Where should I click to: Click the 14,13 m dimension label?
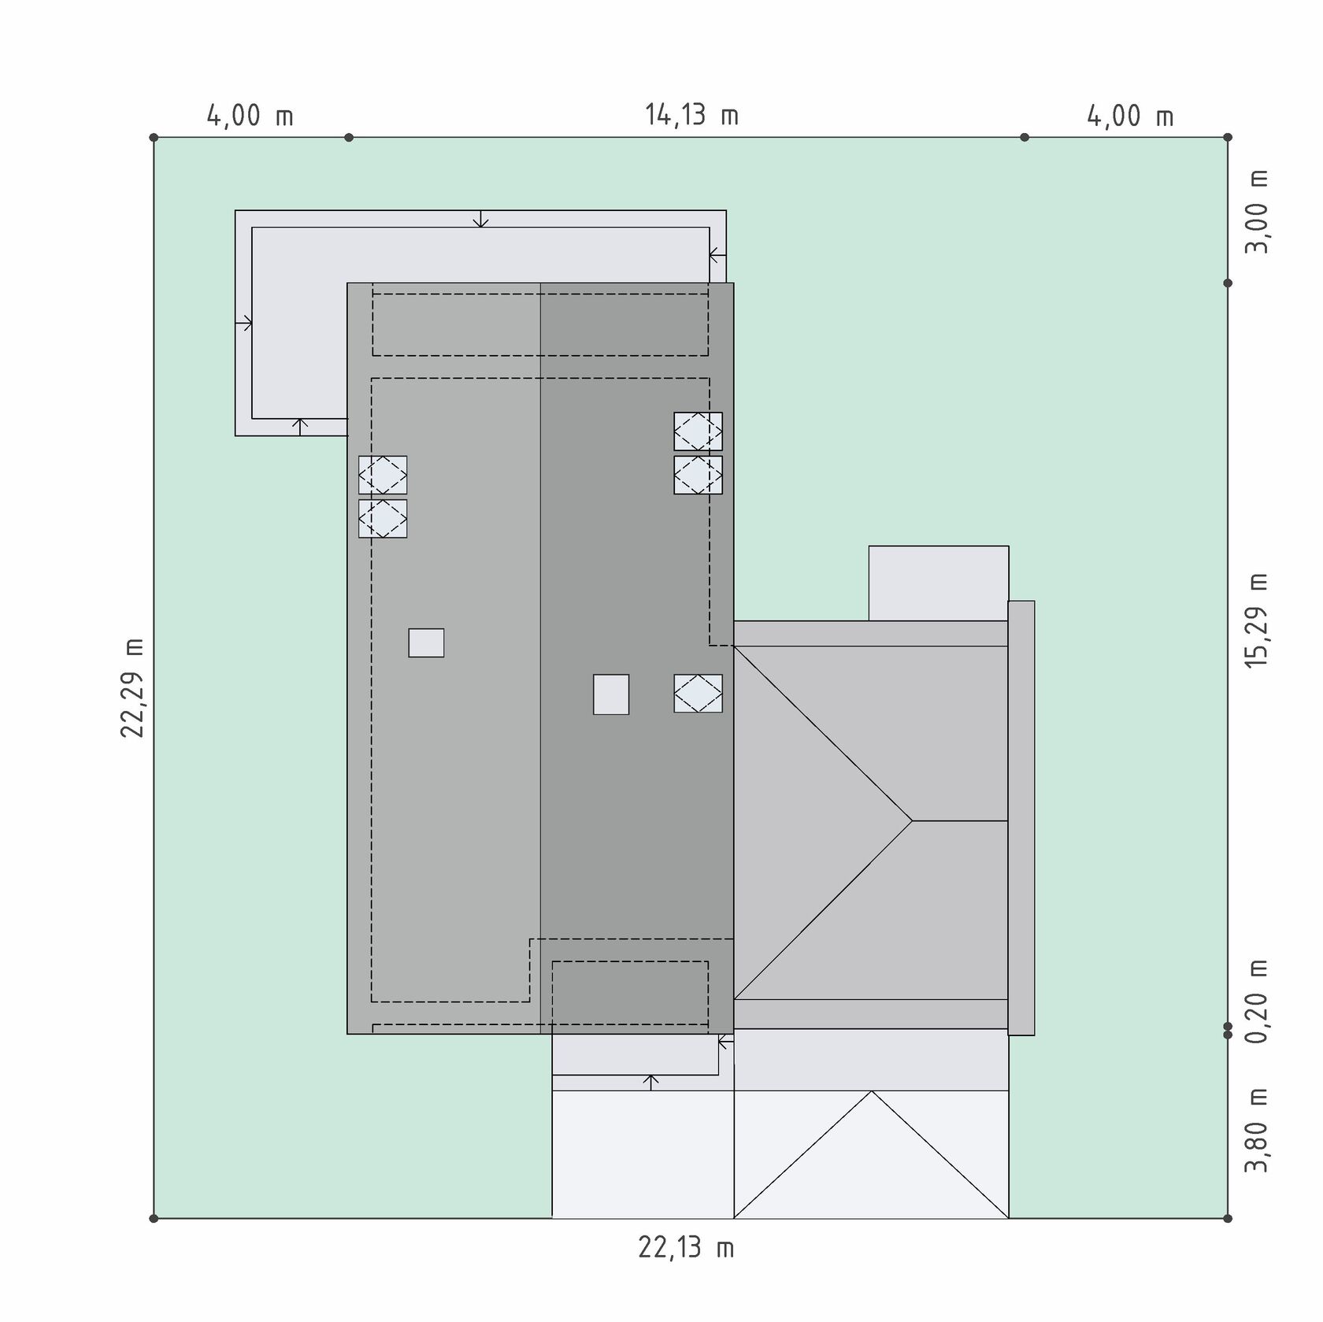(692, 116)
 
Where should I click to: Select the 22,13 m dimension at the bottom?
(686, 1248)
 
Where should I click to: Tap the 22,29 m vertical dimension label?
(133, 687)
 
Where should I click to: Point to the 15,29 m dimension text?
(1257, 620)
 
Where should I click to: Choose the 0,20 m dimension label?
(1257, 1002)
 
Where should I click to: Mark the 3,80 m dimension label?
(1257, 1130)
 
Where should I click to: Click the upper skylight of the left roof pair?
(383, 475)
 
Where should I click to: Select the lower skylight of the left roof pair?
(383, 519)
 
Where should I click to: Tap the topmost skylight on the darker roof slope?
(698, 431)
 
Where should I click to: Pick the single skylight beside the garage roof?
(698, 694)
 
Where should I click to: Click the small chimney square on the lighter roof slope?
(426, 642)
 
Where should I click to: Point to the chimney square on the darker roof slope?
(611, 694)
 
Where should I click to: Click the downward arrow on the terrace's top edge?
(480, 219)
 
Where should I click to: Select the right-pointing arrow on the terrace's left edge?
(243, 323)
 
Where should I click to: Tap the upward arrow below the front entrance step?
(650, 1083)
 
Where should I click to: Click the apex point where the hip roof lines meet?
(913, 821)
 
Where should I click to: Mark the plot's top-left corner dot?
(154, 138)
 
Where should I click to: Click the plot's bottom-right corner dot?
(1228, 1218)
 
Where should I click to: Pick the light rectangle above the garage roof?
(939, 583)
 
